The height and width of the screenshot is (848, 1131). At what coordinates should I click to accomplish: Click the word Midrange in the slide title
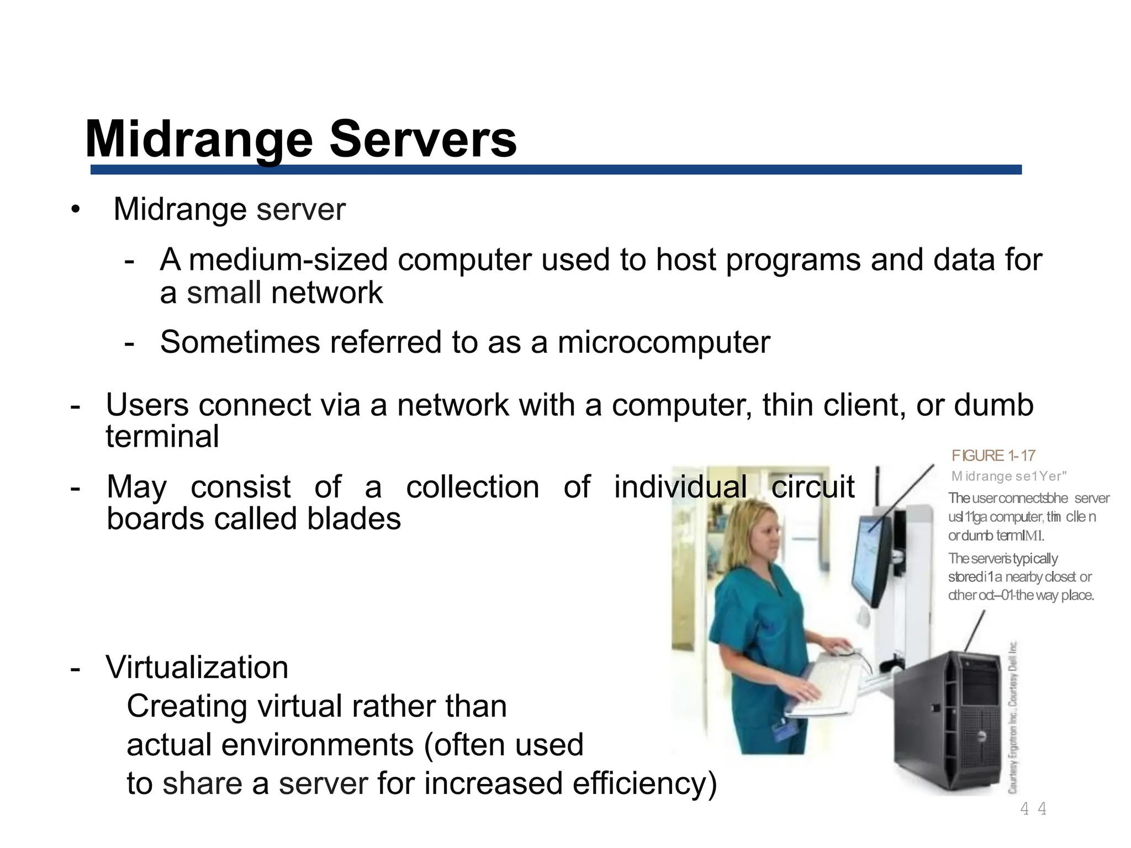[x=199, y=140]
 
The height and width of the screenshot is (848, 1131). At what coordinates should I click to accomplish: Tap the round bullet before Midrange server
[x=76, y=210]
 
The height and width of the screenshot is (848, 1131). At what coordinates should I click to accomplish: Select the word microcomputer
[x=663, y=342]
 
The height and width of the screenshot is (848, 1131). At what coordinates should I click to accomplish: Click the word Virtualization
[x=197, y=667]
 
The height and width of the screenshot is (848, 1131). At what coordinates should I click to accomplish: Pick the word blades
[x=353, y=519]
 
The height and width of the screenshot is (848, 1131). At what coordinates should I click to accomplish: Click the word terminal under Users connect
[x=162, y=437]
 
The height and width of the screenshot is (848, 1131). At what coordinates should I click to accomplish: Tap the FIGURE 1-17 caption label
[x=993, y=455]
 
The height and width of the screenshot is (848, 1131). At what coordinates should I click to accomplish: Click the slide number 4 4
[x=1033, y=809]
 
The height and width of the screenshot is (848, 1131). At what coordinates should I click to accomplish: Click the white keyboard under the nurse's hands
[x=823, y=685]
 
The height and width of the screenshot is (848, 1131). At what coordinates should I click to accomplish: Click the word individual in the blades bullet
[x=680, y=487]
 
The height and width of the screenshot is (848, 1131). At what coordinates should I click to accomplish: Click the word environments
[x=318, y=745]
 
